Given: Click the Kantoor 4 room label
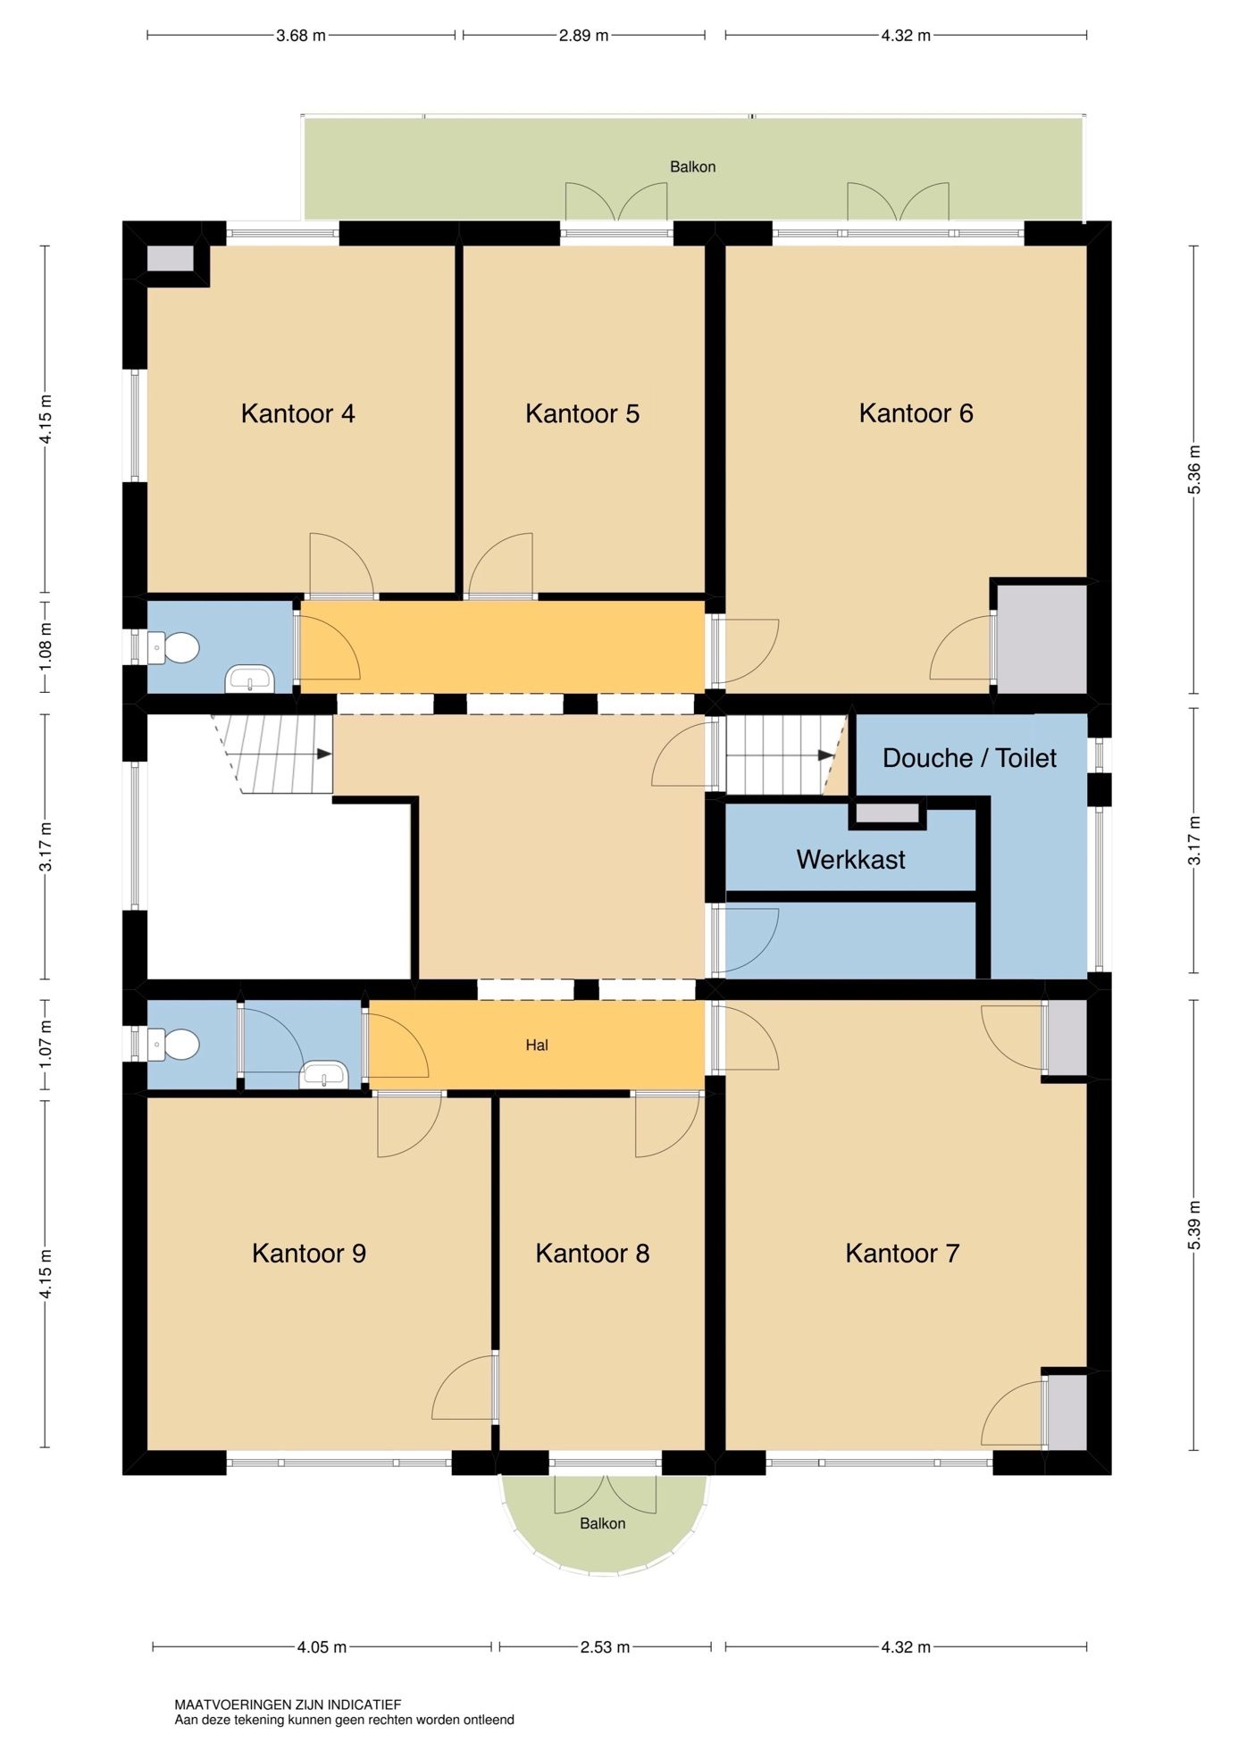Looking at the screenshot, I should (x=297, y=413).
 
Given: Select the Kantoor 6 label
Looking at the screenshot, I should (x=916, y=413).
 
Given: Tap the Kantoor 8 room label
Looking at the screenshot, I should (x=592, y=1253).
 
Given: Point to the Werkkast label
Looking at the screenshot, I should (x=850, y=860).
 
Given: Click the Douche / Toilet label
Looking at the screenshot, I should (x=969, y=758).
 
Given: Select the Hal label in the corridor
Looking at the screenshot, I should (x=537, y=1045).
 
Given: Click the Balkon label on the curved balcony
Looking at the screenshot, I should (x=602, y=1523).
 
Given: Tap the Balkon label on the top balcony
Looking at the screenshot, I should (x=692, y=167).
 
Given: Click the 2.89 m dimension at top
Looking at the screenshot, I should (x=583, y=36).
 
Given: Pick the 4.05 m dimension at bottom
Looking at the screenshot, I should (x=322, y=1647).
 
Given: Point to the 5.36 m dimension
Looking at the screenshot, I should (x=1195, y=469).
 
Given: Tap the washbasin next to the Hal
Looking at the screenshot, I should (x=324, y=1075).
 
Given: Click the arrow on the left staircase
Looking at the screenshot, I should (x=323, y=754).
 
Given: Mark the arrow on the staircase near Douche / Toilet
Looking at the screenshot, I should (x=825, y=755).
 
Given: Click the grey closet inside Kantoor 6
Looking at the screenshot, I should (x=1041, y=638).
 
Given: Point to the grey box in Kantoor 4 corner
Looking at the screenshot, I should (x=170, y=259).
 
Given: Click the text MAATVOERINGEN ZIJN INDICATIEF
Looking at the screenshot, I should (x=288, y=1704).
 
